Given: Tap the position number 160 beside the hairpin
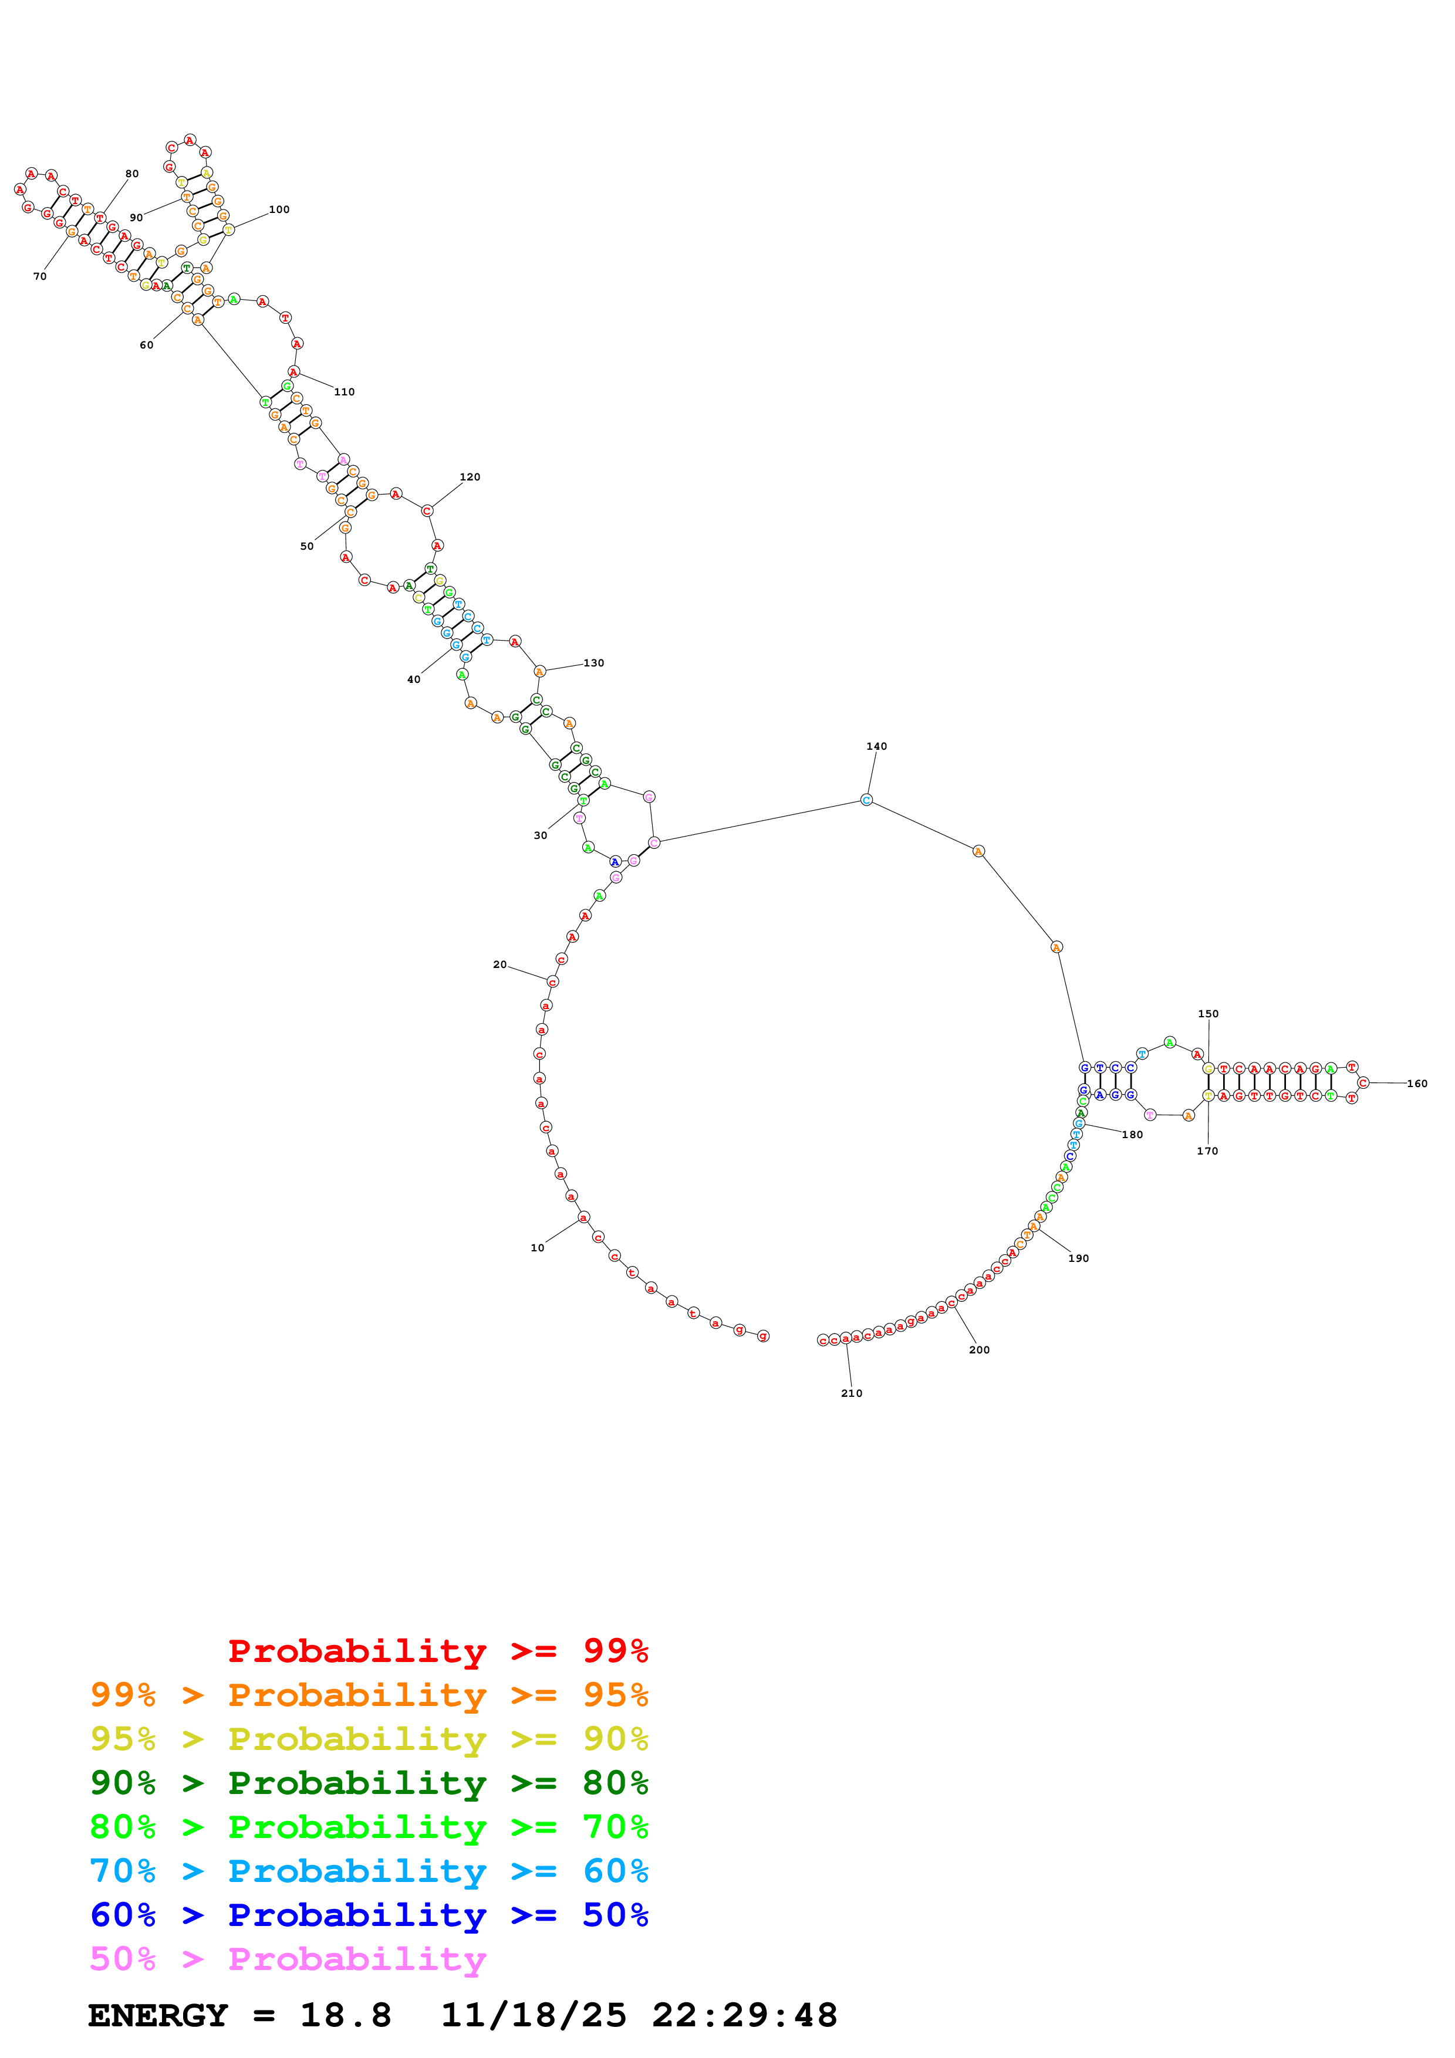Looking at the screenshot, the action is pos(1416,1083).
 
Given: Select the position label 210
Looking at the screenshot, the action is pos(851,1393).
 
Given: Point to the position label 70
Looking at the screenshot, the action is pos(39,276).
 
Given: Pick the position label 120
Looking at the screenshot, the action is pos(470,477).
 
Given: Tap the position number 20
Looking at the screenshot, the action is pos(499,964).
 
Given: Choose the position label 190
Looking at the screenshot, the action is pos(1078,1258).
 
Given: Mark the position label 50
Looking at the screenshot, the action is pos(306,546).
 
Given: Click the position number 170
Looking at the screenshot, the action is pos(1207,1151).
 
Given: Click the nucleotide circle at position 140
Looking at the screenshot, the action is pos(866,800).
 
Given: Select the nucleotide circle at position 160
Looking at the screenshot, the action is pos(1363,1083).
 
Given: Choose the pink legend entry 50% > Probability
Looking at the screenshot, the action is pos(288,1958).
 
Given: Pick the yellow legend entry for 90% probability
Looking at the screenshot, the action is pos(369,1738).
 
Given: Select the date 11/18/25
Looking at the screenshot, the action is pos(534,2015).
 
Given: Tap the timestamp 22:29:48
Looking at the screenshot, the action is pos(744,2015).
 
